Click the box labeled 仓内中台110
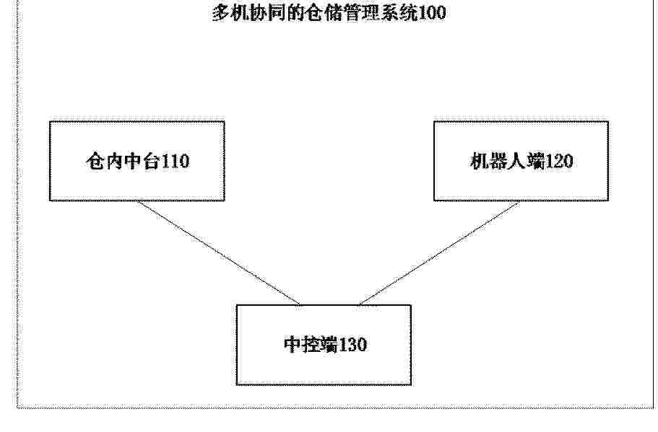[x=137, y=162]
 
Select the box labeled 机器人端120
[x=521, y=162]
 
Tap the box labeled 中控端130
[x=324, y=345]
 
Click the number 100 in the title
[x=432, y=12]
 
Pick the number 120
[x=559, y=162]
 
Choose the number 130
[x=352, y=345]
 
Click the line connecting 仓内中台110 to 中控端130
[x=218, y=253]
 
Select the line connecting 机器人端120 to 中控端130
[x=439, y=253]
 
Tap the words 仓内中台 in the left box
[x=124, y=162]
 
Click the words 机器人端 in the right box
[x=507, y=162]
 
